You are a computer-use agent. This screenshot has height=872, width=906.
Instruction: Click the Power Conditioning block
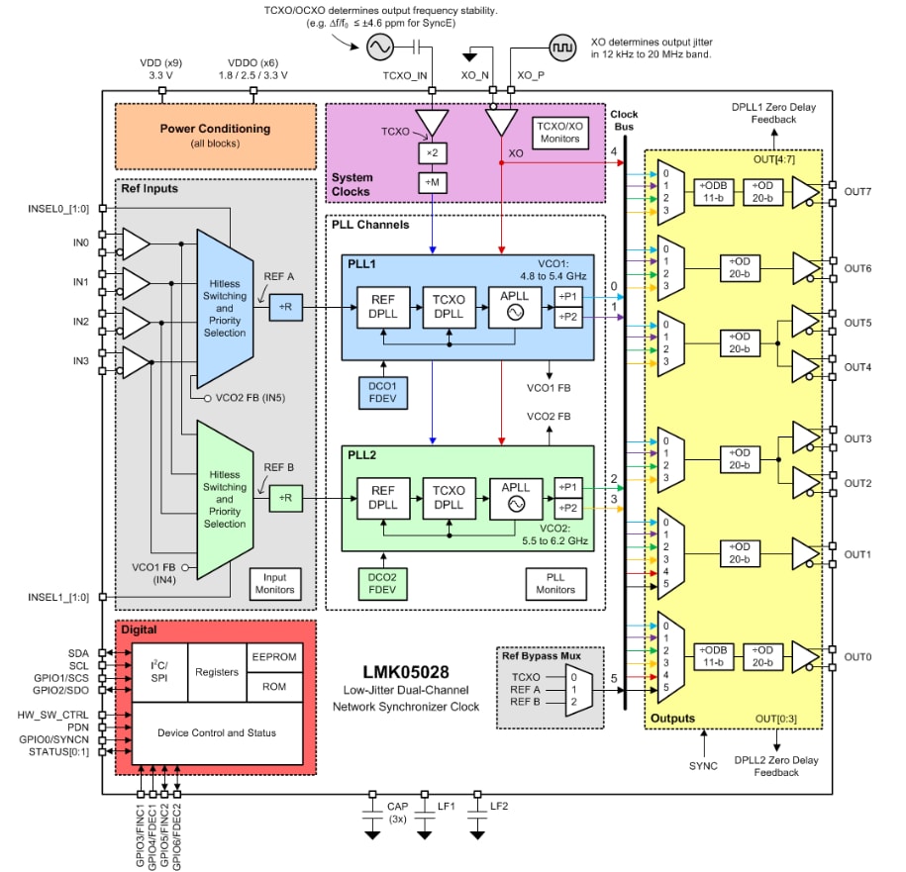click(x=216, y=135)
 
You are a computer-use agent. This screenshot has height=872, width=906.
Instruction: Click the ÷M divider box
click(x=432, y=182)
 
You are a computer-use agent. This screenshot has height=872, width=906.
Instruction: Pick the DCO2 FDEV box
click(x=382, y=583)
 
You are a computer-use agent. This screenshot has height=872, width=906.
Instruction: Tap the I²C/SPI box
click(x=158, y=672)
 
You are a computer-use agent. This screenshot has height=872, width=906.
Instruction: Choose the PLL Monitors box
click(x=554, y=583)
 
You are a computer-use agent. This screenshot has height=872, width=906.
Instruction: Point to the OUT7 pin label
click(x=857, y=190)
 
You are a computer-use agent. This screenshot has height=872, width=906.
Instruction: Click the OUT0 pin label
click(x=857, y=657)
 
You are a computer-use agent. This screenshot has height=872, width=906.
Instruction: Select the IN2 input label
click(x=80, y=322)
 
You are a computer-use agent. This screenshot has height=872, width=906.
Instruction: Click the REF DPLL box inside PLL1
click(x=382, y=309)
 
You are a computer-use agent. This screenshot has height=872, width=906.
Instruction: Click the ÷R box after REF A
click(x=284, y=309)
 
